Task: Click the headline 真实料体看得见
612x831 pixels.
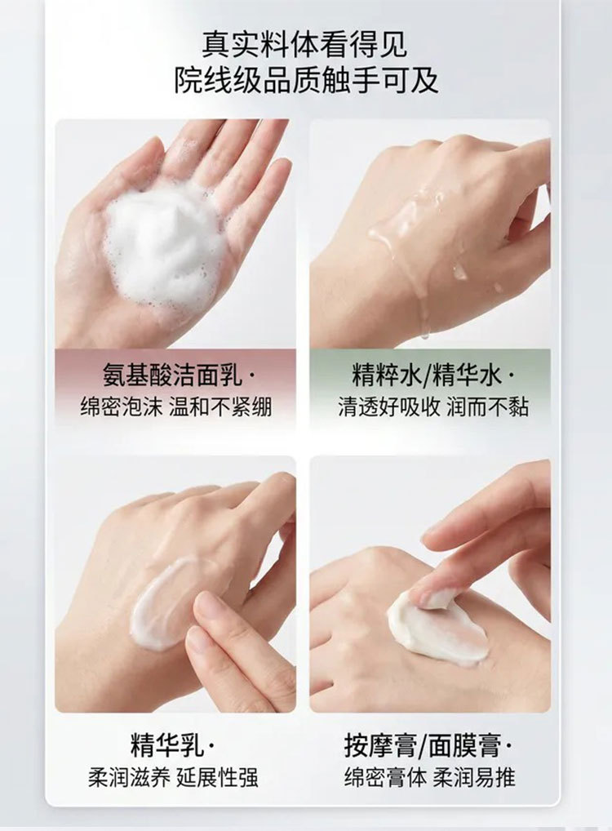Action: coord(305,44)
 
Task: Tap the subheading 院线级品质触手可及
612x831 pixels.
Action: coord(306,80)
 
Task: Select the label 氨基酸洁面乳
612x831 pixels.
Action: coord(171,376)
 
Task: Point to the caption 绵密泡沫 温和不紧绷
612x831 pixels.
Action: coord(176,407)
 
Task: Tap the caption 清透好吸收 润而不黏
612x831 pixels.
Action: coord(433,407)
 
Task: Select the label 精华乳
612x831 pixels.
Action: coord(167,745)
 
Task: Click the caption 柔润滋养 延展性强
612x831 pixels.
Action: coord(173,777)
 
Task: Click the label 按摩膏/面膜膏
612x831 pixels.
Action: coord(423,745)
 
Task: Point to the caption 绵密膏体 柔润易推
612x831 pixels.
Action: coord(429,777)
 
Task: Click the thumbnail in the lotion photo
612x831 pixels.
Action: coord(213,609)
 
